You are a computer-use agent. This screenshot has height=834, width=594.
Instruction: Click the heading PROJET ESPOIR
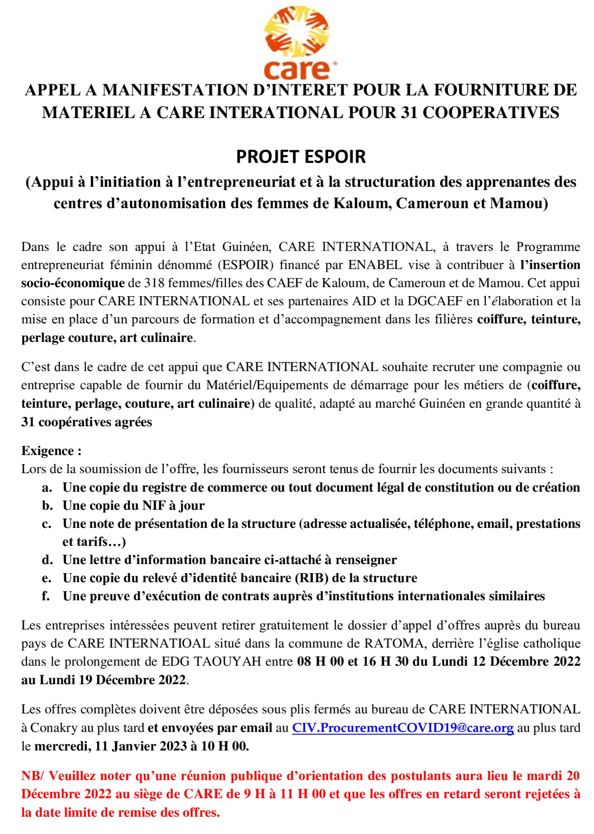(x=301, y=157)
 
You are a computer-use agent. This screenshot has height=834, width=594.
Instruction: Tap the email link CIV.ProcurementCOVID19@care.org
(x=402, y=728)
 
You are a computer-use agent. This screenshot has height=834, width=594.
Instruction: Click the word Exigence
(x=48, y=451)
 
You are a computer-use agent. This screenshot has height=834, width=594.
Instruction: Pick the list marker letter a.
(x=47, y=488)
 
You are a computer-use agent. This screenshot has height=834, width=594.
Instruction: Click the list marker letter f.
(x=46, y=597)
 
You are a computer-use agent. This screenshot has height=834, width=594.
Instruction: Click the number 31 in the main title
(x=408, y=112)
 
